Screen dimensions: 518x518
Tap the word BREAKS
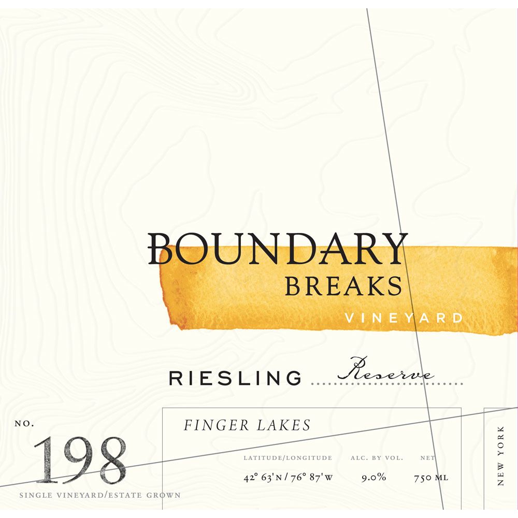pos(343,286)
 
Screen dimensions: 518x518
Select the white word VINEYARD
pos(404,318)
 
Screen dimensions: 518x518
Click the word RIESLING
pos(235,379)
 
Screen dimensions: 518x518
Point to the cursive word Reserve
pos(386,371)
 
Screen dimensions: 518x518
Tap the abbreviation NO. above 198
pos(24,424)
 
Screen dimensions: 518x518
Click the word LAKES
pos(284,426)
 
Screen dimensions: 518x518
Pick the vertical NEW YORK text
pos(500,456)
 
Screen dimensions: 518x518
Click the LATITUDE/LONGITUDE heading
pos(288,458)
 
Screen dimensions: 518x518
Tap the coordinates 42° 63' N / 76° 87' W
pos(288,478)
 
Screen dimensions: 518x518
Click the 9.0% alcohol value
pos(374,478)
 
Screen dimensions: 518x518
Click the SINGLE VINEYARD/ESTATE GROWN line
pos(100,495)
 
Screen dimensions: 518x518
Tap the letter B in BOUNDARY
pos(161,249)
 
